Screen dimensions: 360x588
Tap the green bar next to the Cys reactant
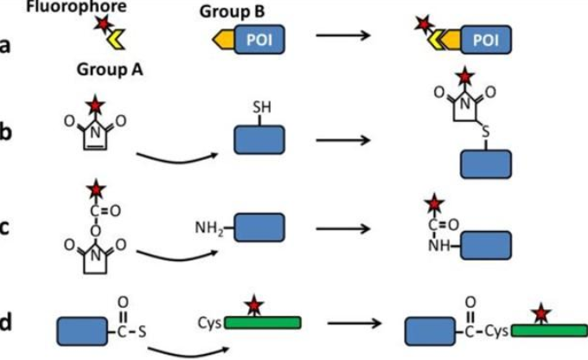(x=262, y=323)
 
